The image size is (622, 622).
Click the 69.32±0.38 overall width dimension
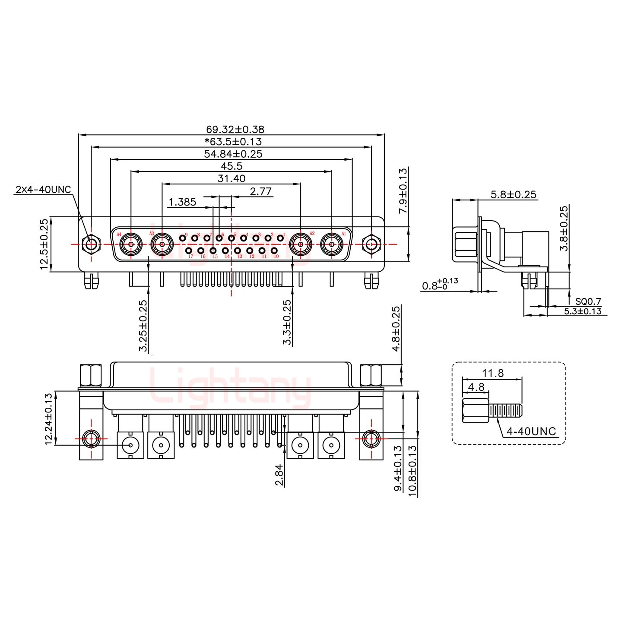coord(235,129)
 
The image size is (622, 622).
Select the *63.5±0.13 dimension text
coord(233,141)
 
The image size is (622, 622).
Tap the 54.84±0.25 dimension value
coord(233,154)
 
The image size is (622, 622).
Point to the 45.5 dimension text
coord(232,166)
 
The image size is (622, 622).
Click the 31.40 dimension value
coord(232,178)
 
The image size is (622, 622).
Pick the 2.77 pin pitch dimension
coord(261,191)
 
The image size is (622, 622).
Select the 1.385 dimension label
coord(182,202)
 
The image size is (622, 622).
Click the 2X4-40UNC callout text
coord(43,189)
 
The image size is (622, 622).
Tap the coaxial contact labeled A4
coord(131,245)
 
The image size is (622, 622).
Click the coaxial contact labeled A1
coord(332,245)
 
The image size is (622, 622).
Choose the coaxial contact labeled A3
coord(162,245)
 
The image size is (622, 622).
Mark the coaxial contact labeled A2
coord(301,245)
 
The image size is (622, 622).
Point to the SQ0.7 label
coord(588,301)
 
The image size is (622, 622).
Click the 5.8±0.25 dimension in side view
coord(514,194)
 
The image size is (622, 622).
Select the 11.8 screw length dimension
coord(493,373)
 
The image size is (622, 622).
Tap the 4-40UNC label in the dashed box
coord(531,431)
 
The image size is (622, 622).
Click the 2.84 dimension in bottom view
coord(279,475)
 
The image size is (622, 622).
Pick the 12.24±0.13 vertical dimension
coord(48,418)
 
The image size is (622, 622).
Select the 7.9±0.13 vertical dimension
coord(403,191)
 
